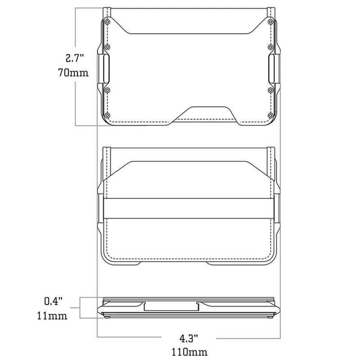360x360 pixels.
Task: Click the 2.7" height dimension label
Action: [x=75, y=58]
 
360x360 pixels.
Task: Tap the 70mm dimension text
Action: [x=73, y=72]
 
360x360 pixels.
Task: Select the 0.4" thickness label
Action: [x=53, y=301]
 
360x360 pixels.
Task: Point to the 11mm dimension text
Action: [x=52, y=316]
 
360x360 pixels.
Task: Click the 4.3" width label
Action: [x=189, y=338]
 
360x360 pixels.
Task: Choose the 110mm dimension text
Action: [x=189, y=352]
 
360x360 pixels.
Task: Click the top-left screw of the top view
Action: [x=107, y=22]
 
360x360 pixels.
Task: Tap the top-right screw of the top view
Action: [x=271, y=22]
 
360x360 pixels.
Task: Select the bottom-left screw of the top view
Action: [x=107, y=115]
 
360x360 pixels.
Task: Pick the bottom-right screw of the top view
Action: [x=271, y=115]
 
